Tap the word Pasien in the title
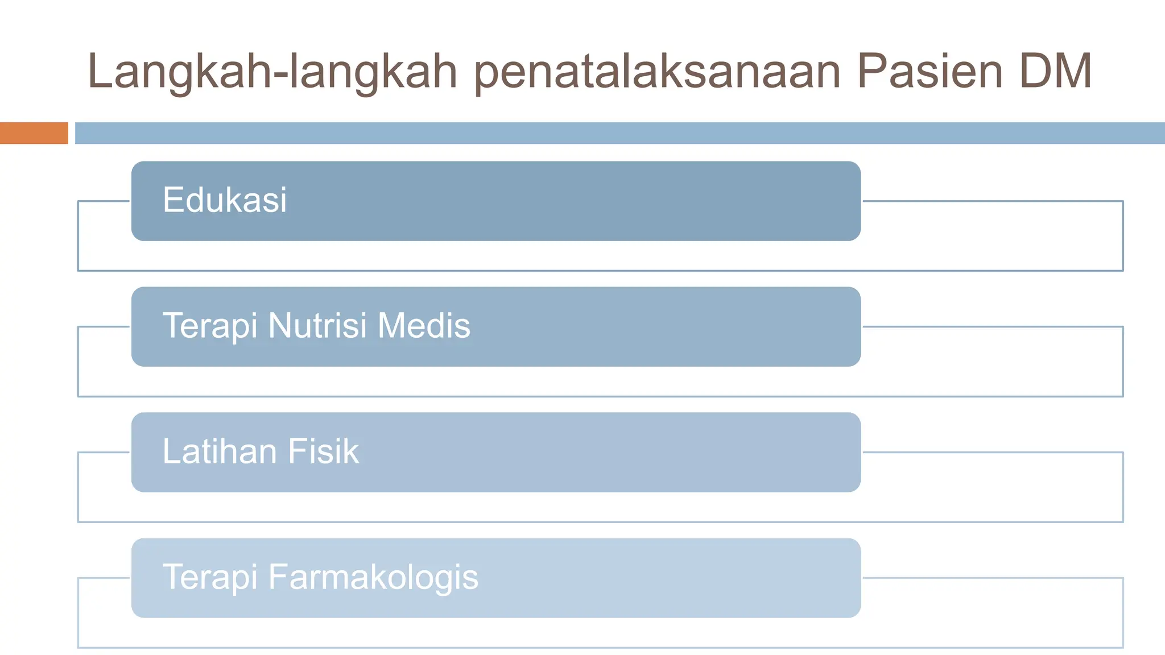click(x=929, y=72)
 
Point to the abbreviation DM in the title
click(x=1055, y=72)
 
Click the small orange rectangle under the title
click(x=34, y=133)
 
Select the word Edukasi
click(x=225, y=200)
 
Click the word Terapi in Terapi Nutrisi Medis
click(x=210, y=326)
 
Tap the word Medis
click(x=424, y=326)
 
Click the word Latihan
click(x=220, y=451)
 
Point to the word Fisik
click(x=323, y=451)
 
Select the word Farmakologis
click(x=373, y=578)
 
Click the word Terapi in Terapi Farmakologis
click(x=210, y=578)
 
